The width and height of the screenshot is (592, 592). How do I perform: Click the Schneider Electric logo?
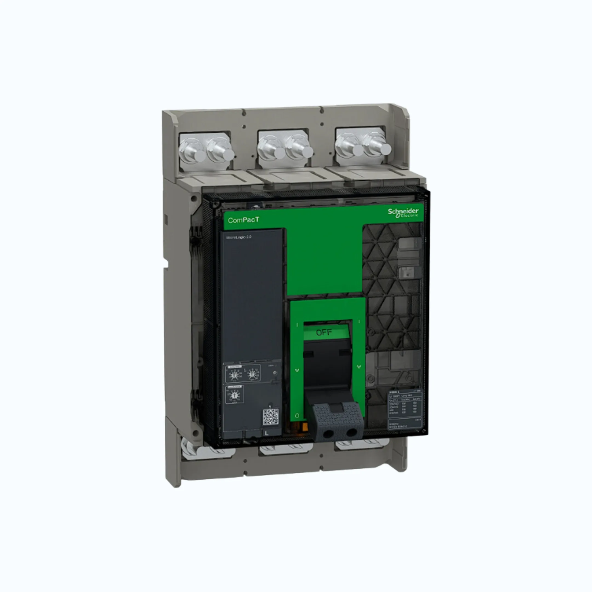pyautogui.click(x=403, y=212)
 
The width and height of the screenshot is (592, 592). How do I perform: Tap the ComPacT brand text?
pyautogui.click(x=244, y=220)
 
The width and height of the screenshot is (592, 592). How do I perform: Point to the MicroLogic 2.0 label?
pyautogui.click(x=239, y=237)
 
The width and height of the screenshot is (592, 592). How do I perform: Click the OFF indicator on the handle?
pyautogui.click(x=324, y=332)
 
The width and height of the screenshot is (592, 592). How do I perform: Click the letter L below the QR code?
pyautogui.click(x=267, y=433)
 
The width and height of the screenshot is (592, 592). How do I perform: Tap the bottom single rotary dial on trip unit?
pyautogui.click(x=234, y=395)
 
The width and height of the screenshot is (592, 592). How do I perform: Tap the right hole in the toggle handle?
pyautogui.click(x=351, y=432)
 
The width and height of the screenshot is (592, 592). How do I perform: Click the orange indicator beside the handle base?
pyautogui.click(x=304, y=427)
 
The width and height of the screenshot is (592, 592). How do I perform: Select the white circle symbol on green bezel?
pyautogui.click(x=297, y=416)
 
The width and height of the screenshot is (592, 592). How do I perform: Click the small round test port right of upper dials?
pyautogui.click(x=275, y=373)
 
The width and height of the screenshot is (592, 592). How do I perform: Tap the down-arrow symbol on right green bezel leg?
pyautogui.click(x=358, y=367)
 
